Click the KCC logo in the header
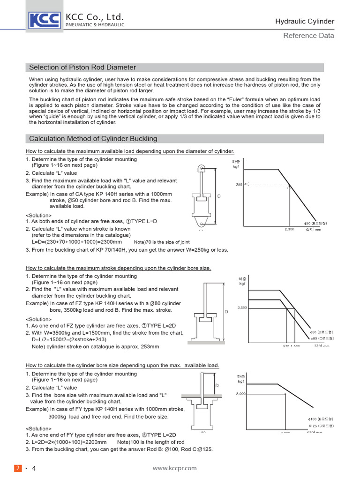[45, 20]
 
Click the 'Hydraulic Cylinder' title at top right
[304, 21]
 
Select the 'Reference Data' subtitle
[309, 36]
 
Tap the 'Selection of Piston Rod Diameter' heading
[82, 67]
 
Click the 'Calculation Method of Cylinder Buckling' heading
[93, 138]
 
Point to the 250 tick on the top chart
[239, 185]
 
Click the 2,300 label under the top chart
[289, 229]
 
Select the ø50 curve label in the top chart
[318, 224]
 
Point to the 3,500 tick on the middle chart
[242, 307]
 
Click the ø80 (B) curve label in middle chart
[322, 332]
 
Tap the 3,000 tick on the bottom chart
[241, 394]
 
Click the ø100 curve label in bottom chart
[321, 418]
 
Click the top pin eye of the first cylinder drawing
[201, 168]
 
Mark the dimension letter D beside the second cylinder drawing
[226, 311]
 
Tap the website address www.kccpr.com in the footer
[175, 468]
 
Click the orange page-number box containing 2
[18, 468]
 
